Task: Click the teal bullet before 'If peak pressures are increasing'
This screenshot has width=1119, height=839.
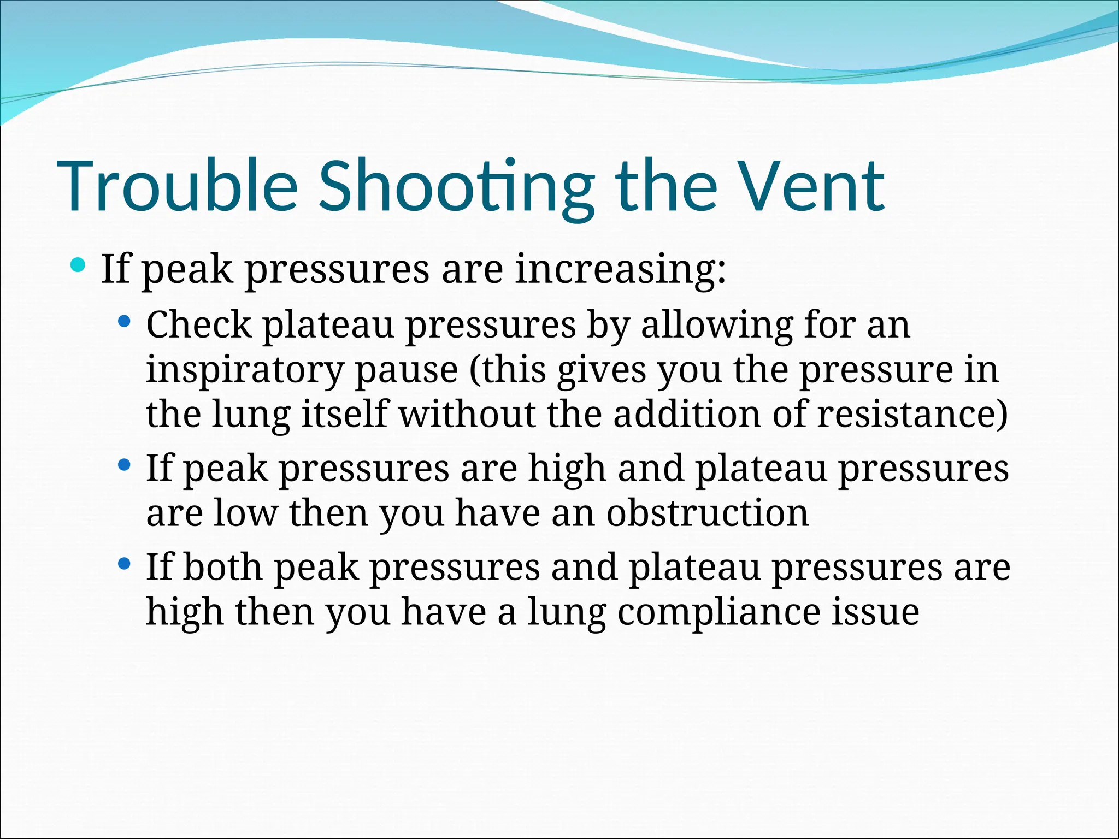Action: (78, 266)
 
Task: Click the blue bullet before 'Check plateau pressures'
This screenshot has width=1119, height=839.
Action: (124, 321)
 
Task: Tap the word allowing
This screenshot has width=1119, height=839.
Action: (716, 326)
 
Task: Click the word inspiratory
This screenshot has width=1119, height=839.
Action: (245, 370)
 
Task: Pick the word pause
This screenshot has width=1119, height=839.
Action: (407, 370)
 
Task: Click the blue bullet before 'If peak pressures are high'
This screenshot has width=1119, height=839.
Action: (124, 465)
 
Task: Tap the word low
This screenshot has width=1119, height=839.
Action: (245, 513)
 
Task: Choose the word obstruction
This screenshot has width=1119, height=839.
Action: (708, 513)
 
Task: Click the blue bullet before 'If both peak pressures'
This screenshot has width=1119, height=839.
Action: (124, 564)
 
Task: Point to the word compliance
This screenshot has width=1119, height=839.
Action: (718, 612)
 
